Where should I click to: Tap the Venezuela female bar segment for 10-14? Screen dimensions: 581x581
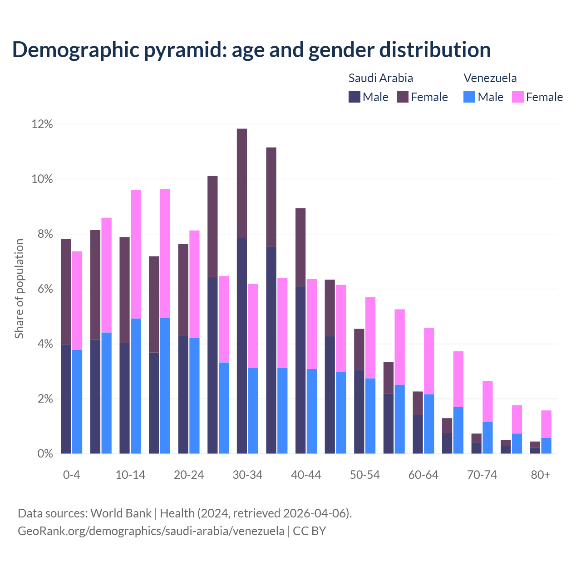coord(136,254)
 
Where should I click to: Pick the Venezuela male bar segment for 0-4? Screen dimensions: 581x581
coord(77,402)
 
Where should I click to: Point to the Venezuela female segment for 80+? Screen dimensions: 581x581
coord(547,424)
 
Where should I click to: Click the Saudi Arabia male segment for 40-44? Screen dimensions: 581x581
coord(300,370)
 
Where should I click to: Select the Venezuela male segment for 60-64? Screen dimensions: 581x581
coord(429,424)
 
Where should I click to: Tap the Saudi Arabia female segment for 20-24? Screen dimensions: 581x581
coord(183,290)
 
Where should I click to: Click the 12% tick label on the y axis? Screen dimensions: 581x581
coord(42,124)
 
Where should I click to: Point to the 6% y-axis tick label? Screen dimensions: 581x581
coord(44,289)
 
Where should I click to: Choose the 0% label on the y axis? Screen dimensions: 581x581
coord(44,454)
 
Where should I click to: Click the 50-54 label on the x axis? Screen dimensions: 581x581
coord(365,475)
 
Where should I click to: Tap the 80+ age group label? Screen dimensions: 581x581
coord(541,475)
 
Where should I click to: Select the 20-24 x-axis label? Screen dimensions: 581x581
coord(189,475)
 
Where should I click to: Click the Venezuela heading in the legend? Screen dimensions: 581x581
coord(490,78)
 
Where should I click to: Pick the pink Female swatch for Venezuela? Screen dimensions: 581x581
coord(517,97)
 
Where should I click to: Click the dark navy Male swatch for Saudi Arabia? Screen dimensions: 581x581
coord(354,97)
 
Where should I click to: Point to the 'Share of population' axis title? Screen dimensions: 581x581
coord(19,289)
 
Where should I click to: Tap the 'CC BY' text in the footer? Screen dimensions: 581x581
coord(310,531)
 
